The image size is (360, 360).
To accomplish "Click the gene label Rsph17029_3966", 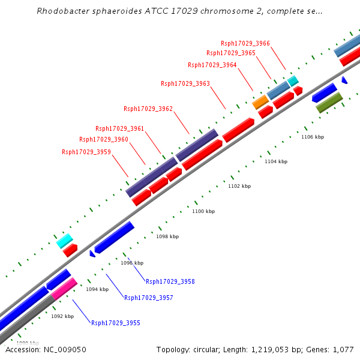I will tap(245, 43).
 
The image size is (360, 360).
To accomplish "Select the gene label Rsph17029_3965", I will tap(231, 53).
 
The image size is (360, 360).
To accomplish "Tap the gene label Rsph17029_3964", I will tap(212, 65).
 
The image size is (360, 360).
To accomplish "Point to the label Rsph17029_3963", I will tap(185, 83).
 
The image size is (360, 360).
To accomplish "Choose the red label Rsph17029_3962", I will tap(148, 109).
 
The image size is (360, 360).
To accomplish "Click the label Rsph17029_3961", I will tap(120, 128).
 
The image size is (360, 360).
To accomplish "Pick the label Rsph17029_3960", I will tap(104, 139).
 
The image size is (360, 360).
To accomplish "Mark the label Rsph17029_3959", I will tap(86, 152).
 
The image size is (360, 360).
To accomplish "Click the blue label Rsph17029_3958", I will tap(170, 281).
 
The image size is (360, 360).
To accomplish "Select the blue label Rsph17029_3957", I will tap(149, 298).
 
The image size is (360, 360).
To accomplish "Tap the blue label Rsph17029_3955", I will tap(116, 323).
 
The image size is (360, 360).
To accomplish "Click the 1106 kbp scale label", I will tap(313, 137).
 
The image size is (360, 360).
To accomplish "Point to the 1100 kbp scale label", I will tap(203, 211).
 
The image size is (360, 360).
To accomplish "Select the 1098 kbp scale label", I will tap(167, 236).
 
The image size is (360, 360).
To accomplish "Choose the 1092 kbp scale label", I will tap(62, 316).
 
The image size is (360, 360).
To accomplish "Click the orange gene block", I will tap(260, 102).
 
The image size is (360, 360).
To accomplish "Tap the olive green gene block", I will tap(329, 102).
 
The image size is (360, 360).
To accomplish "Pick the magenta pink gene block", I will tap(64, 288).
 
